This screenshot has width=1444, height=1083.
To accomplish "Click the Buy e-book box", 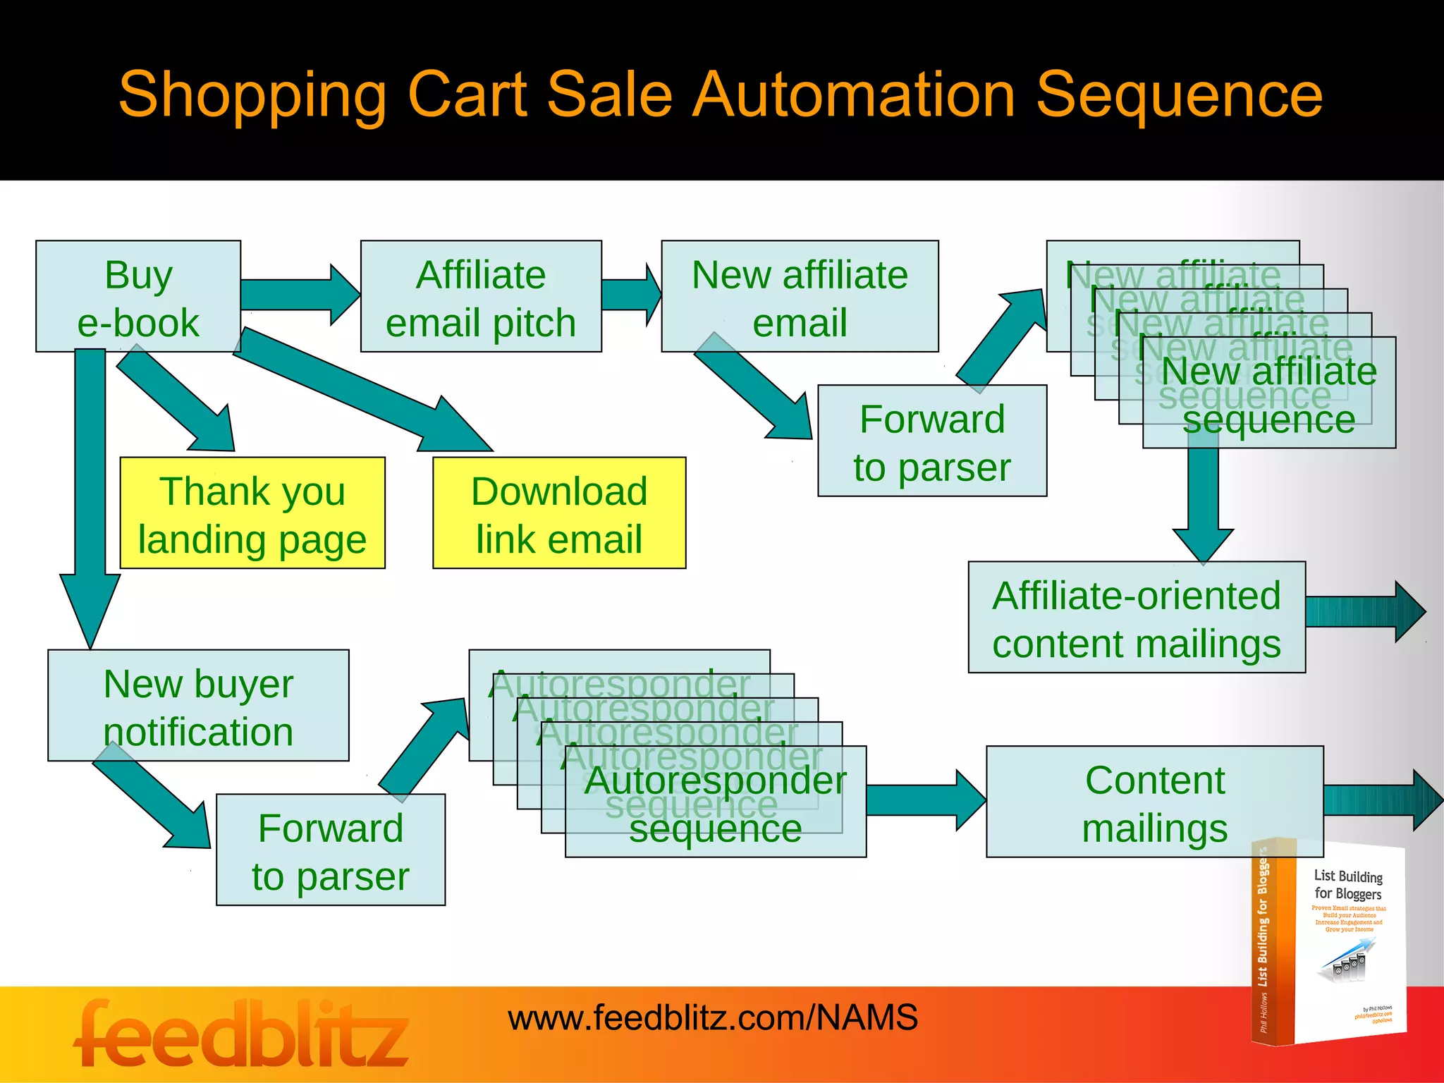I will (138, 296).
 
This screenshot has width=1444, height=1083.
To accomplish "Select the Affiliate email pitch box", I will (481, 296).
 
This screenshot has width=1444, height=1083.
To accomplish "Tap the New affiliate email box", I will (800, 296).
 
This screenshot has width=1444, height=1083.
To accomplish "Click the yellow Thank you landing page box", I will (252, 513).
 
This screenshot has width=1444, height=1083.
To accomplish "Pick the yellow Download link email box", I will (559, 513).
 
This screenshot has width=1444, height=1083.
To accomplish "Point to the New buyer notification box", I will (198, 705).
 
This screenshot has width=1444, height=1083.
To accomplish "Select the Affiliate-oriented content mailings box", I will (1137, 617).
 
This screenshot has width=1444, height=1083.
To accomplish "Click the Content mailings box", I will (1155, 802).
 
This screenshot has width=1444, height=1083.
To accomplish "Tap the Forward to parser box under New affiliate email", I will (932, 441).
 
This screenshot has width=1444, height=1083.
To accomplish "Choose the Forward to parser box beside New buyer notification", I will (331, 850).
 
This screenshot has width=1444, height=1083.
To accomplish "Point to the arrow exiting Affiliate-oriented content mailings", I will (1364, 611).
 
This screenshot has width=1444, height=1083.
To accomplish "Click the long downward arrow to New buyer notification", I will (90, 494).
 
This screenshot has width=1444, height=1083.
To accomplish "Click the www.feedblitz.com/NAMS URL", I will (713, 1017).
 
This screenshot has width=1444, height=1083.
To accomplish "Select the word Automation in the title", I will (854, 95).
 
